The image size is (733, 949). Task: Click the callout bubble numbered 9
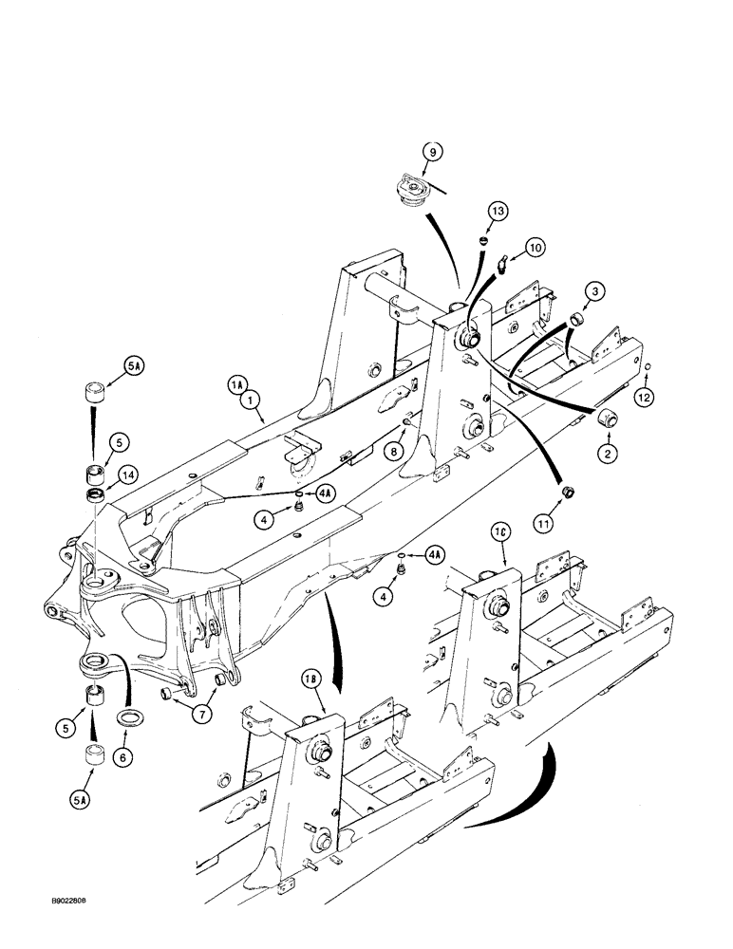tap(431, 152)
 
